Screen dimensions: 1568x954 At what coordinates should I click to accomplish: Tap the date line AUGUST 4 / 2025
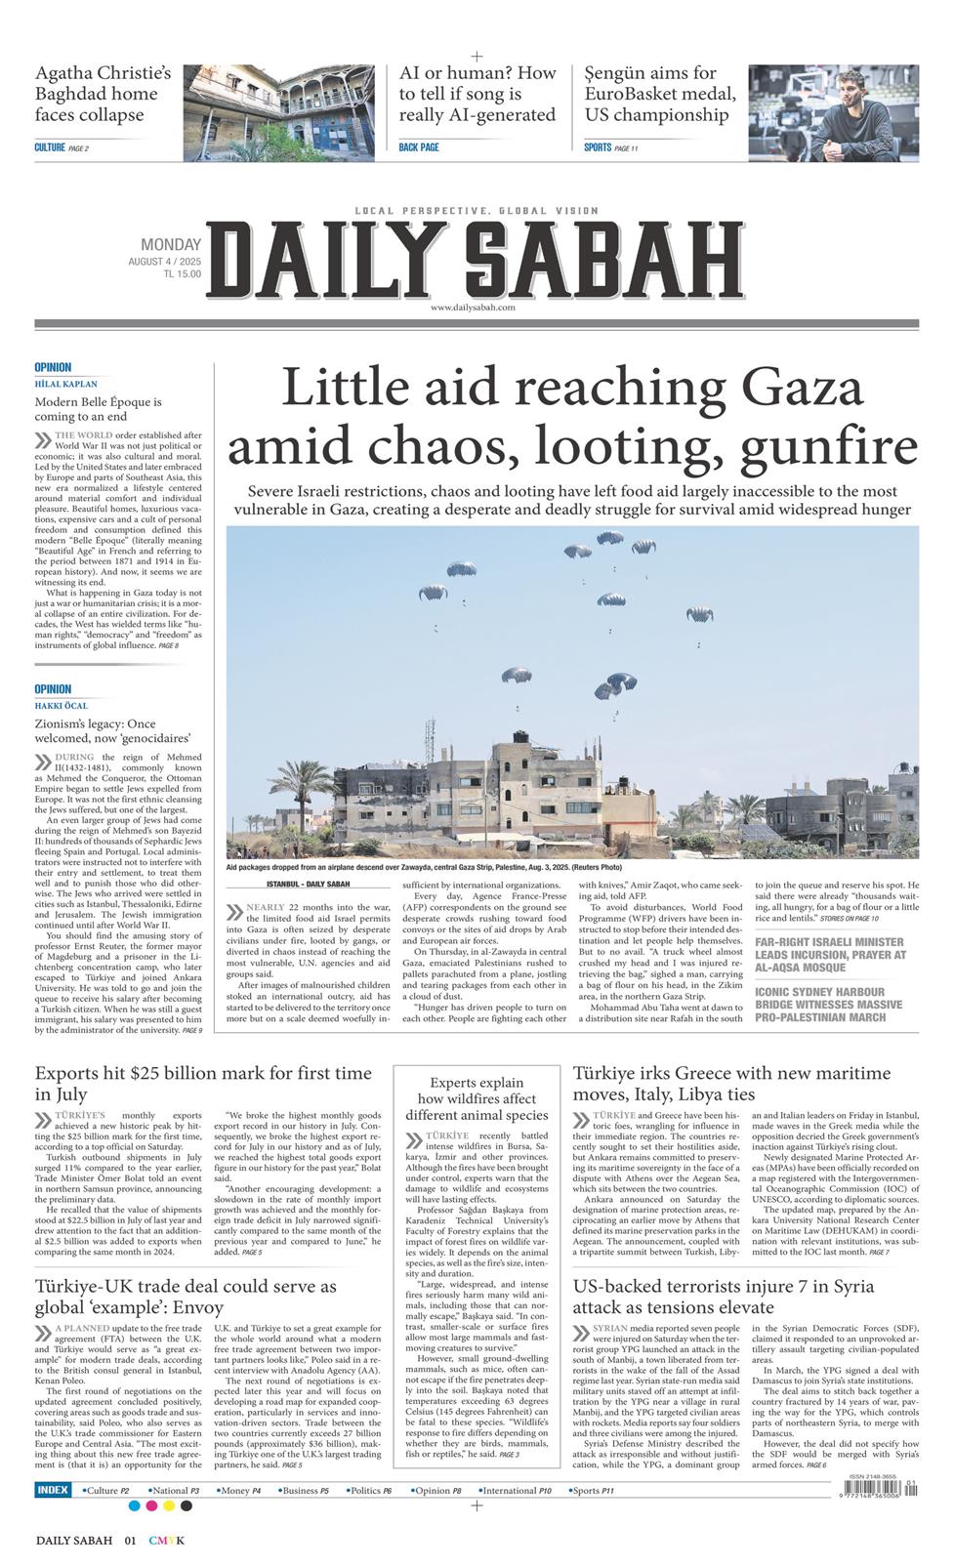[164, 262]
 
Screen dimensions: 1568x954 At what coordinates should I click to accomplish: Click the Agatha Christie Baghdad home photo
[279, 112]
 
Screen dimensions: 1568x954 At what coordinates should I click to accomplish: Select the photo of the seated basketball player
[833, 112]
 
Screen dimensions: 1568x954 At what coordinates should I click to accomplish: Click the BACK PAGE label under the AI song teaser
[419, 147]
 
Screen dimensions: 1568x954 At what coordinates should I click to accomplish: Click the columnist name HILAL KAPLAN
[66, 385]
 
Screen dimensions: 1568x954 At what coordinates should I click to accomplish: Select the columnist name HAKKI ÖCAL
[62, 706]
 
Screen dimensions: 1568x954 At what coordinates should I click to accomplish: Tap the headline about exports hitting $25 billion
[203, 1084]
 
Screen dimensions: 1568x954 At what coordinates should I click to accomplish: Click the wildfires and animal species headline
[477, 1099]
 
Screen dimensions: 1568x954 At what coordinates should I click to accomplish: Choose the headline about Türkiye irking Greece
[731, 1084]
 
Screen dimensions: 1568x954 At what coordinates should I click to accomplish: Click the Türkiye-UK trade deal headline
[186, 1297]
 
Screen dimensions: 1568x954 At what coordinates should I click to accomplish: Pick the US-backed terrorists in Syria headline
[723, 1297]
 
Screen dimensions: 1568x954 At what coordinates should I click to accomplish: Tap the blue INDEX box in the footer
[53, 1491]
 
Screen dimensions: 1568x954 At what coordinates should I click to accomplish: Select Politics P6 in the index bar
[371, 1491]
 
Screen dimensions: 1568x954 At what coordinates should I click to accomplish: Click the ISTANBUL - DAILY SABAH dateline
[308, 885]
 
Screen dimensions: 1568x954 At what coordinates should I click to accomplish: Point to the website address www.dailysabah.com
[473, 308]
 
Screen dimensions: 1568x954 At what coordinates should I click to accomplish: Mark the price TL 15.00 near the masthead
[183, 274]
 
